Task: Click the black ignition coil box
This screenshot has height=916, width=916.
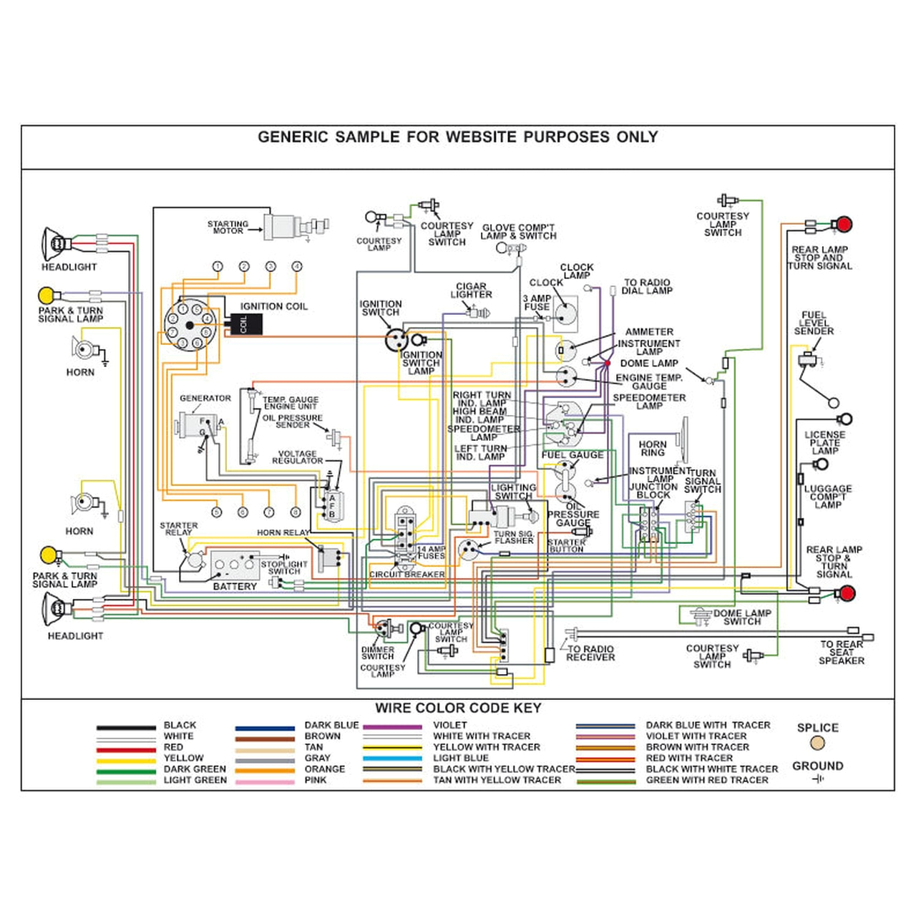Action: click(243, 324)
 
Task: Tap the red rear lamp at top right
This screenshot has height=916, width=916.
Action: click(844, 225)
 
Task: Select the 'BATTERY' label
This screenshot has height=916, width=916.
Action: click(235, 586)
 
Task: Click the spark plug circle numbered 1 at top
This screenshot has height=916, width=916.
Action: click(217, 266)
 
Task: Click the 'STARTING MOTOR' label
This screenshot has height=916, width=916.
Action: click(228, 228)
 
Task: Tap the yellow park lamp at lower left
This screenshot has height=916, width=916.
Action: click(48, 555)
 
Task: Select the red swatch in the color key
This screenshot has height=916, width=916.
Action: click(125, 749)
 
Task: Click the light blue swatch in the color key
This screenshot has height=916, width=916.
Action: click(391, 759)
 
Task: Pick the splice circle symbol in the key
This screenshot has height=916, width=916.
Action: click(818, 744)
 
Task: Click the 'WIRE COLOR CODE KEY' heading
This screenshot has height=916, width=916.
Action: click(458, 708)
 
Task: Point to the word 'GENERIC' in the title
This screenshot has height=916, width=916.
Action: click(293, 137)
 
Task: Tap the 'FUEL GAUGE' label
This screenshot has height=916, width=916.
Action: click(572, 455)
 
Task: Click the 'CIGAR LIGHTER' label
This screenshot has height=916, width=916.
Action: click(471, 291)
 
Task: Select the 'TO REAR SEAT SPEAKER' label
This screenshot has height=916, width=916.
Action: click(842, 652)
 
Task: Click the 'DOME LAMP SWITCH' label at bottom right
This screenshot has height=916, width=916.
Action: click(742, 617)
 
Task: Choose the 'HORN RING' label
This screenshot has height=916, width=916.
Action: click(652, 449)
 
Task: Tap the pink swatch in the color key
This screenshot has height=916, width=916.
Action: click(264, 781)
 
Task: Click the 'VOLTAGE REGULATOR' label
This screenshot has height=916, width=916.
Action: click(297, 457)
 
